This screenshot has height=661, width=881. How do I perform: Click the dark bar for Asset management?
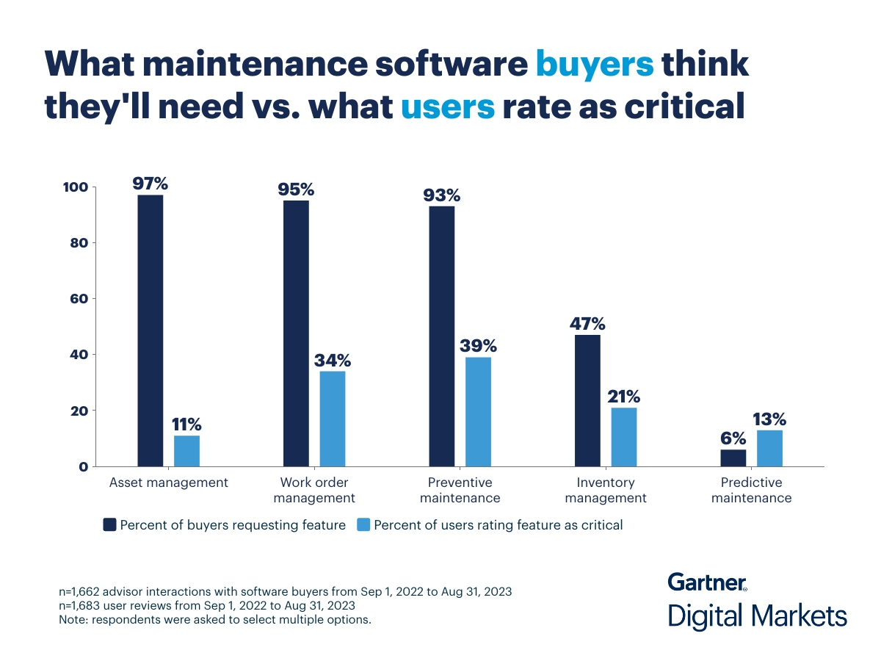coord(151,330)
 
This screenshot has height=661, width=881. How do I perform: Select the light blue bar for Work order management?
coord(332,419)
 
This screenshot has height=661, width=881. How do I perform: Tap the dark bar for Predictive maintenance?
coord(733,458)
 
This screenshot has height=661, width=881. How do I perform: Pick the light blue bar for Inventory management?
coord(624,437)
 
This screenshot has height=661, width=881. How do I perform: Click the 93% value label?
coord(441,195)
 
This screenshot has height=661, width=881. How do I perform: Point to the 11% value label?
coord(186,425)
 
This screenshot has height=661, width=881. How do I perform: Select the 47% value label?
coord(587,324)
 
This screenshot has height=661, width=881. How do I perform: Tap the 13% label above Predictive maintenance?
coord(769,419)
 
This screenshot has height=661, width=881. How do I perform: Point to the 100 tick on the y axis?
coord(76,187)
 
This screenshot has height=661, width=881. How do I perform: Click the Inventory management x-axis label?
coord(605,490)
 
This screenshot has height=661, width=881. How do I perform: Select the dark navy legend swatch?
coord(109,524)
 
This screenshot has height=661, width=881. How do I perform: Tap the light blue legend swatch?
coord(363,524)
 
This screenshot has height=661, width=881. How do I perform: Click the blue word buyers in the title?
coord(594,65)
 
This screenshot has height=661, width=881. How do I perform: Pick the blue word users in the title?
coord(448,107)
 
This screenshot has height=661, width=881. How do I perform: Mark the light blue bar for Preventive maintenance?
coord(478,411)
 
